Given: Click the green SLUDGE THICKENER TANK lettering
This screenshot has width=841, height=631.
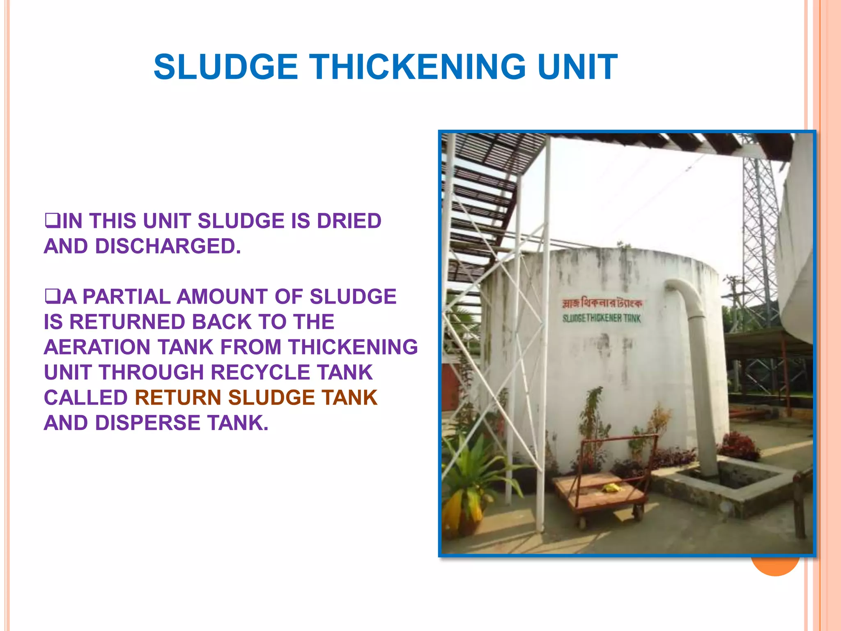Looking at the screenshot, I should (x=601, y=318).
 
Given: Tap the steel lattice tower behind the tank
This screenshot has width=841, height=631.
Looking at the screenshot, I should (x=760, y=230).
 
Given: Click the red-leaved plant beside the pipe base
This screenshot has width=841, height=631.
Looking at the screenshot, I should (x=739, y=446).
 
